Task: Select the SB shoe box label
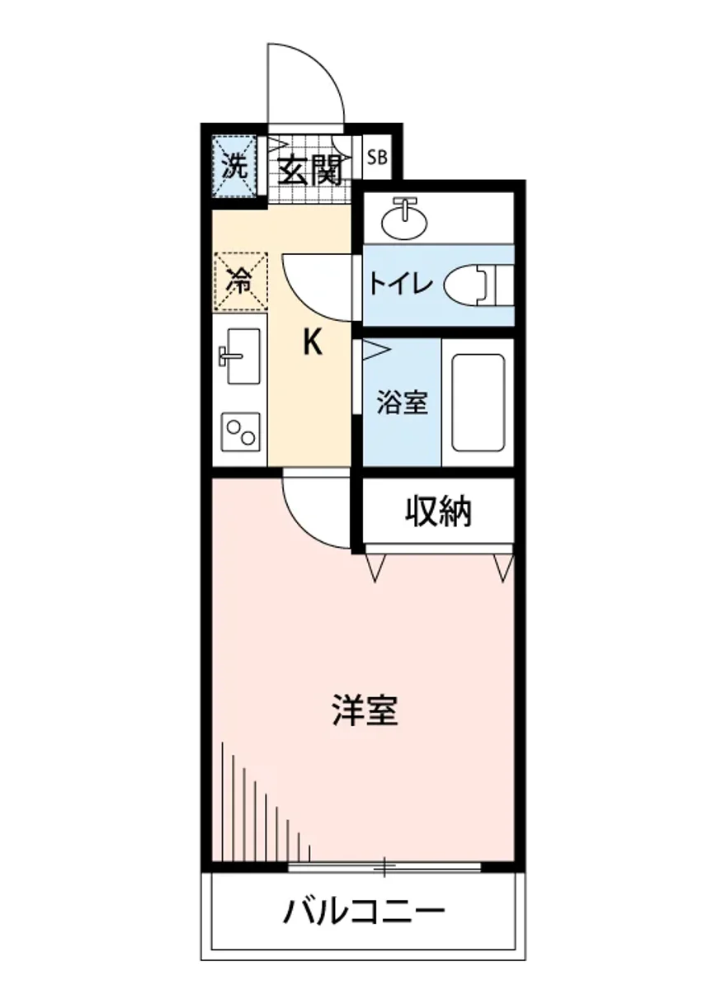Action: coord(375,157)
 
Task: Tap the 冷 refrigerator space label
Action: coord(239,281)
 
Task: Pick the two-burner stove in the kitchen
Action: coord(239,430)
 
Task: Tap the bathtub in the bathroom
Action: coord(478,402)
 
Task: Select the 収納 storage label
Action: coord(437,512)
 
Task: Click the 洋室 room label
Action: coord(365,710)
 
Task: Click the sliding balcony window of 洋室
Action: coord(384,865)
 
